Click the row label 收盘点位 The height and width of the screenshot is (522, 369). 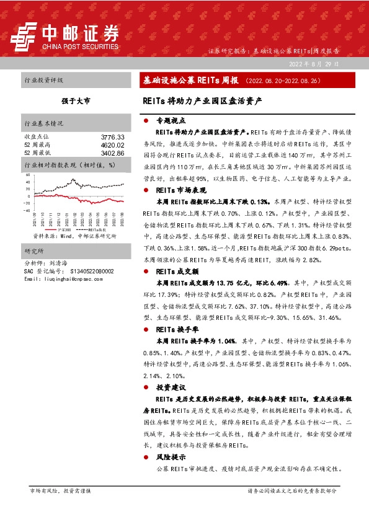point(36,136)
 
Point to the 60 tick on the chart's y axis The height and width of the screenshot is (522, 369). point(27,175)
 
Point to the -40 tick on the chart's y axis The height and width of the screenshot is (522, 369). point(27,210)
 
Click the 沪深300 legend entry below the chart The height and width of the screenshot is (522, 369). point(63,229)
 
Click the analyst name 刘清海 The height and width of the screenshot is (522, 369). point(60,263)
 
